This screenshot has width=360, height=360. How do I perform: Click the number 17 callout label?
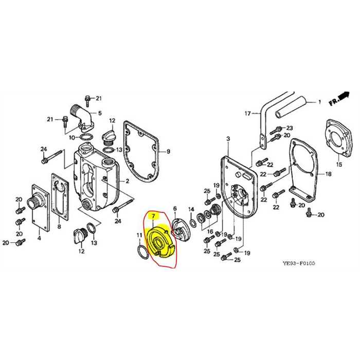pyautogui.click(x=247, y=114)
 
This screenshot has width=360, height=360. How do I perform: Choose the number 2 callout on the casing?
pyautogui.click(x=127, y=182)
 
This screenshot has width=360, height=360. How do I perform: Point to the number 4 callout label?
pyautogui.click(x=39, y=238)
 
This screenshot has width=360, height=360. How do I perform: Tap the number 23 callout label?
pyautogui.click(x=290, y=128)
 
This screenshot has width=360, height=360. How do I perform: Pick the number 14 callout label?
pyautogui.click(x=191, y=209)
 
